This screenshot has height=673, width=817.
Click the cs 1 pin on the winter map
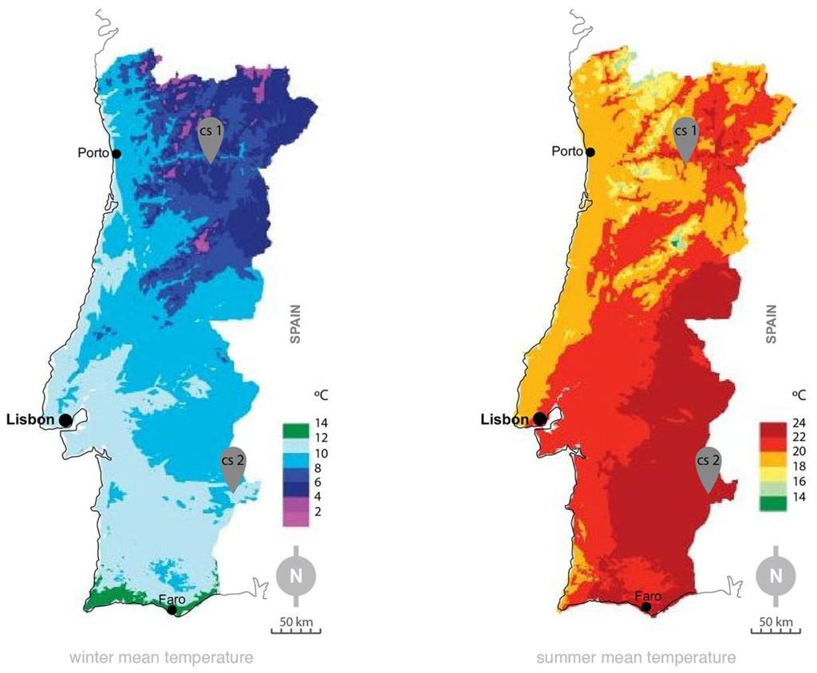[x=211, y=137]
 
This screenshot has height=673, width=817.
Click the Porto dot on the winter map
[x=116, y=154]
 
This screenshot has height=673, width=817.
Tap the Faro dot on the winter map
[x=172, y=610]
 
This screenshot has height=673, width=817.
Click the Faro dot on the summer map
[x=646, y=608]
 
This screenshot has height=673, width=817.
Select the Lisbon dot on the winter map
[x=65, y=419]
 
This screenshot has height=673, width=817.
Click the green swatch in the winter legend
[x=294, y=431]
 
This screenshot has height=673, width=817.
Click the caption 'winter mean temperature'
[x=161, y=658]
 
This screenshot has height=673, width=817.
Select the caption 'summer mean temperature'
[x=636, y=658]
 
